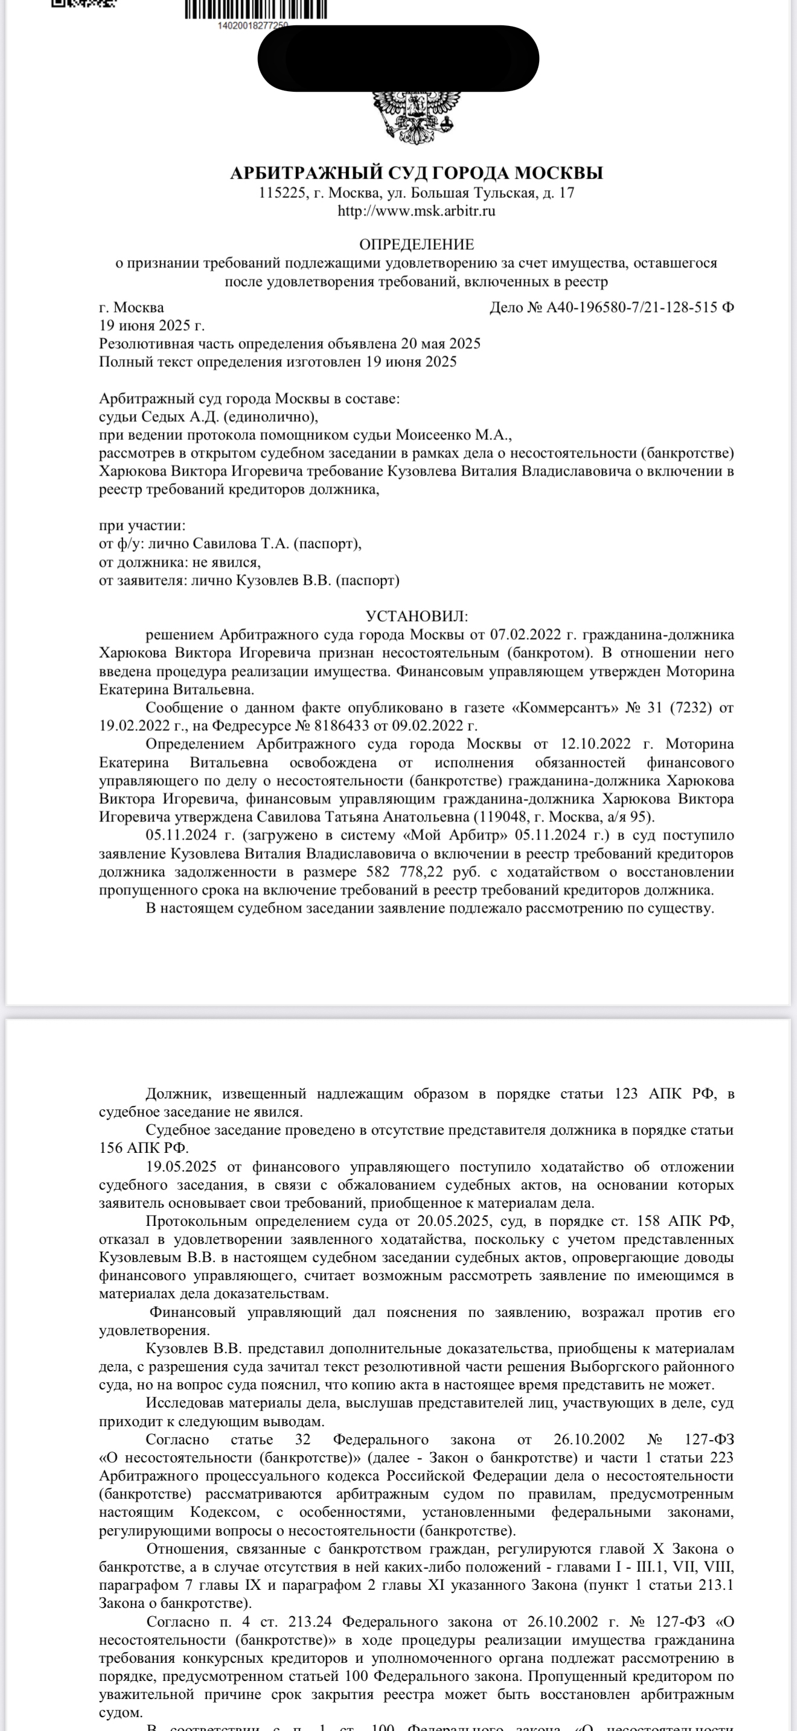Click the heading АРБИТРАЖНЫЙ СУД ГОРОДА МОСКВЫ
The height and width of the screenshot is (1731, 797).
click(416, 173)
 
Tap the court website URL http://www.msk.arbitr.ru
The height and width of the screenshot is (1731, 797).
click(416, 211)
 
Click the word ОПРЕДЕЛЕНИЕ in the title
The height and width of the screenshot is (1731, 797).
click(416, 244)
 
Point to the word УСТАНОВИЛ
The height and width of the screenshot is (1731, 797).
click(416, 616)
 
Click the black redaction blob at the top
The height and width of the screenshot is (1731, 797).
click(398, 59)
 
